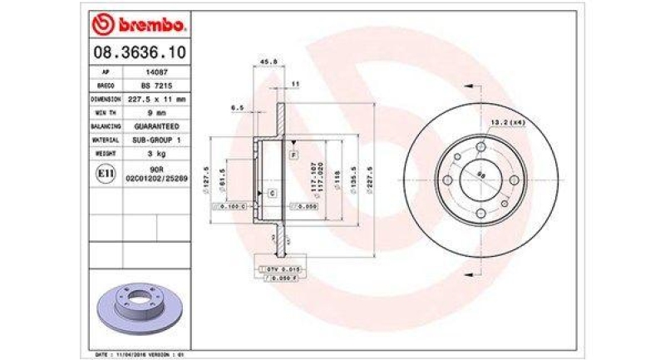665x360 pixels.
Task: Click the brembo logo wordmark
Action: tap(138, 25)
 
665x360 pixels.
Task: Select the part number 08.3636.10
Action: tap(138, 52)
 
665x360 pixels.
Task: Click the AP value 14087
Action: tap(155, 72)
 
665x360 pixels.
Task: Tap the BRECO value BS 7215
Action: tap(155, 86)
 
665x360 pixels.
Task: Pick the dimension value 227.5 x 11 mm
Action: tap(155, 99)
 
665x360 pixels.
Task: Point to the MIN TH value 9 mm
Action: tap(155, 113)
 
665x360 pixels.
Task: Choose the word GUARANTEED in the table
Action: tap(155, 126)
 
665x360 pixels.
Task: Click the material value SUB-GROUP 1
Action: tap(155, 140)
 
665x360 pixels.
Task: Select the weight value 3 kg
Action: tap(155, 154)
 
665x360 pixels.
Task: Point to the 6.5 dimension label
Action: tap(237, 107)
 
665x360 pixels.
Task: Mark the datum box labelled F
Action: tap(293, 156)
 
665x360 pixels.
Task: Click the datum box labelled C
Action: tap(272, 193)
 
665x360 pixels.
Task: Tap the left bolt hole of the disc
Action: tap(446, 180)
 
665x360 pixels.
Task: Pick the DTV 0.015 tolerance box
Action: tap(283, 269)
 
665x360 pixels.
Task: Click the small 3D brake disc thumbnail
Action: tap(137, 304)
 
